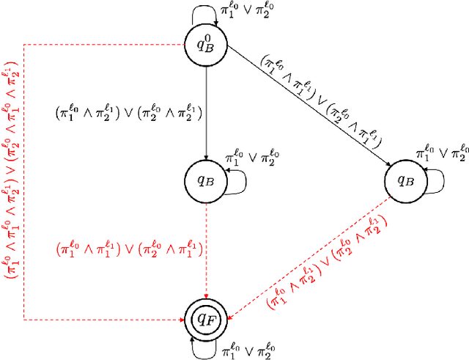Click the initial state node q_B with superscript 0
tap(207, 45)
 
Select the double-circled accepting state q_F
tap(207, 319)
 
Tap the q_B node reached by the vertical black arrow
tap(207, 178)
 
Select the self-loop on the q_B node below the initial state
tap(236, 181)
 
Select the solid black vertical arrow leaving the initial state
tap(207, 110)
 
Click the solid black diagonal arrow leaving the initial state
tap(308, 111)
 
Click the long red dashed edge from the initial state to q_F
tap(24, 183)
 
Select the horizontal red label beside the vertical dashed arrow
tap(129, 249)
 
